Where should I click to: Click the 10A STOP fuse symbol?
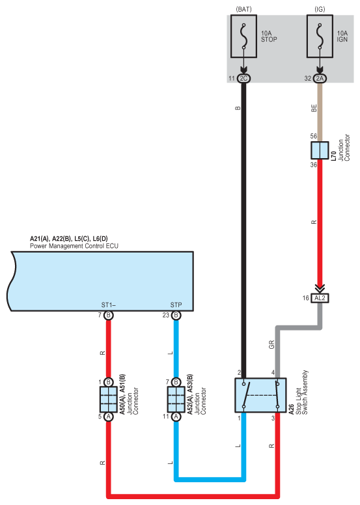(243, 36)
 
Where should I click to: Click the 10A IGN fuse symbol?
(320, 36)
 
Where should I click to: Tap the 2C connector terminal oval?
(243, 78)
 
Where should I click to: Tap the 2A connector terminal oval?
(320, 78)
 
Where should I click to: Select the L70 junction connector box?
(320, 150)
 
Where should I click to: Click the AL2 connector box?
(320, 298)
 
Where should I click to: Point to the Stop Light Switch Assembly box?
(260, 395)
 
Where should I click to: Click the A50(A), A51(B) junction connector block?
(109, 400)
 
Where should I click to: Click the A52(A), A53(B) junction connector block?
(176, 400)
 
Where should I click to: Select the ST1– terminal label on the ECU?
(109, 305)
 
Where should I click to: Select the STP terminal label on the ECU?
(176, 305)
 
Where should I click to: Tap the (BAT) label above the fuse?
(243, 9)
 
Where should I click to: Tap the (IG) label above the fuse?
(320, 9)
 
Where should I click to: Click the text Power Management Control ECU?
(74, 246)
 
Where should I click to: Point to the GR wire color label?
(271, 345)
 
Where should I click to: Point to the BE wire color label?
(314, 108)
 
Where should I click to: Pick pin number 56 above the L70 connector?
(314, 136)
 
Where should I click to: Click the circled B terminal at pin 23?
(176, 316)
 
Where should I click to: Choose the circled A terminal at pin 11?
(176, 416)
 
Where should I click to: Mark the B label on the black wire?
(238, 108)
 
